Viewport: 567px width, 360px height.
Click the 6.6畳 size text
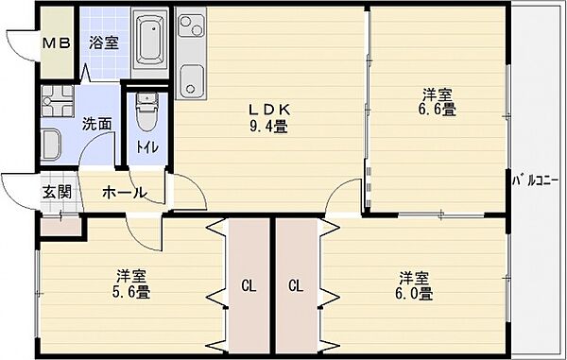pos(438,110)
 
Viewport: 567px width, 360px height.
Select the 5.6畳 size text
pos(132,292)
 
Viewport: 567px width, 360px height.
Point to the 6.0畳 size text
pos(414,293)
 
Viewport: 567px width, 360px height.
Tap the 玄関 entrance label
pos(56,193)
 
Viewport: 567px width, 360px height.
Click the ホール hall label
pos(124,193)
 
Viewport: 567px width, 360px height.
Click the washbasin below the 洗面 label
pos(51,146)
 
